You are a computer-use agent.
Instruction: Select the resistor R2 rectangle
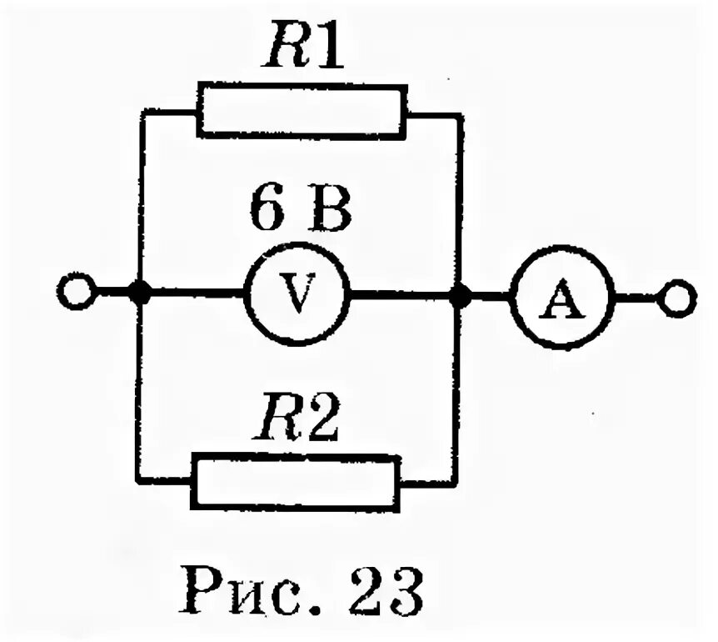[296, 481]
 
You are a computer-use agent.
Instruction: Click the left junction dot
[141, 294]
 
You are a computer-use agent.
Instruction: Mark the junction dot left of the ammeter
[459, 294]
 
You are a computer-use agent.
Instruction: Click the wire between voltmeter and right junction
[404, 294]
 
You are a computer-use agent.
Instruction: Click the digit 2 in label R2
[324, 424]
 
